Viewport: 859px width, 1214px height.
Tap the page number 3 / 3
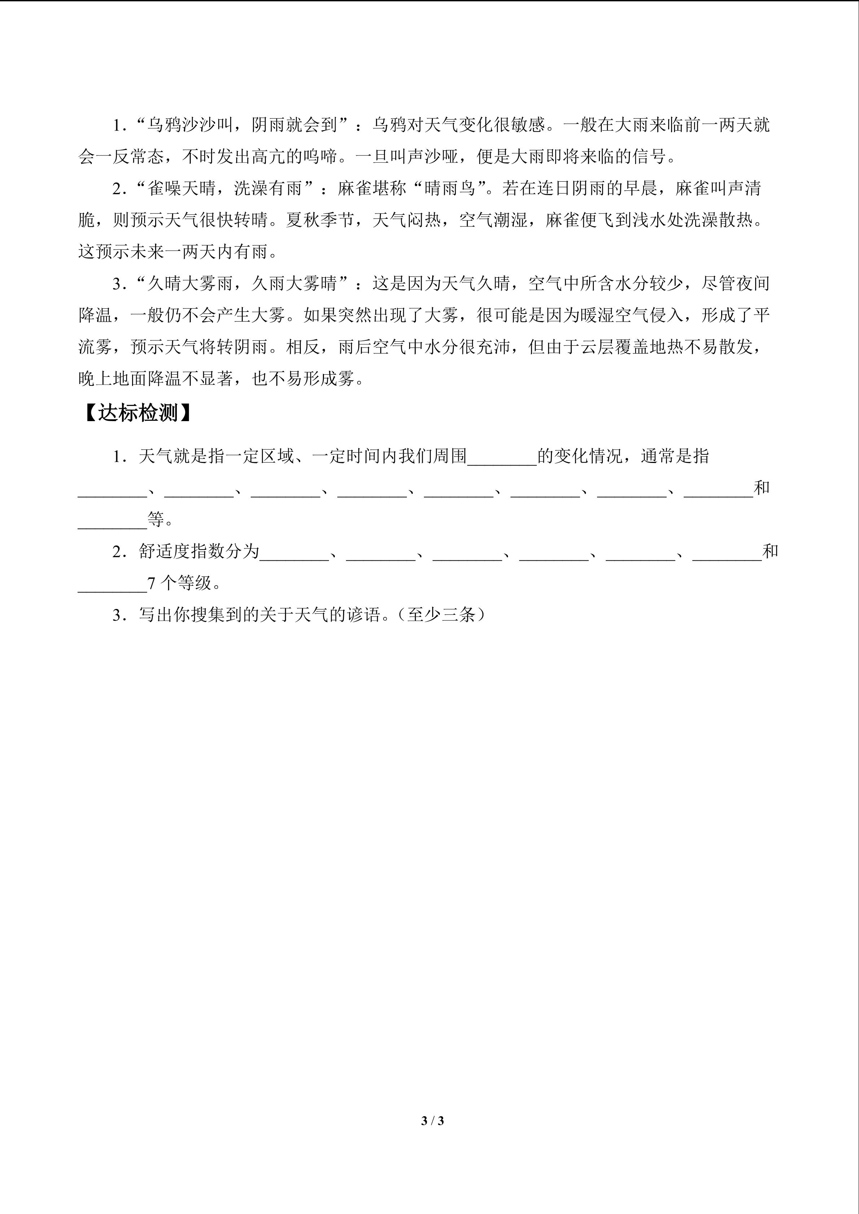click(432, 1120)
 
